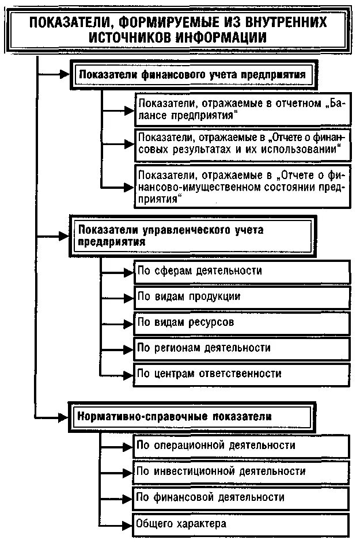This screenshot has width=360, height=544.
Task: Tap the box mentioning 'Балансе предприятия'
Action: (x=242, y=109)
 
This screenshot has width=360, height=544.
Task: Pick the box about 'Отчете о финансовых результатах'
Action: (x=242, y=143)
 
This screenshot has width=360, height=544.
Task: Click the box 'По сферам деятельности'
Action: (x=242, y=271)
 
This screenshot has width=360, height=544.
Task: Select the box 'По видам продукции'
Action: (x=242, y=297)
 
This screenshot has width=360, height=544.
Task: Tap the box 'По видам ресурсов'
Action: (x=242, y=323)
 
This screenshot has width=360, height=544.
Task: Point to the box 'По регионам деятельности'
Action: (x=242, y=348)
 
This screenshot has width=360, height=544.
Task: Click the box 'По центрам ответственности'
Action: (x=242, y=374)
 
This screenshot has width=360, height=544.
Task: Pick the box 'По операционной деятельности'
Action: (x=242, y=446)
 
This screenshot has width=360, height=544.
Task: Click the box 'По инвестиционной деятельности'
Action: (x=242, y=471)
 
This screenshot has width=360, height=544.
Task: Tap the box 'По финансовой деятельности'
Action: (x=242, y=497)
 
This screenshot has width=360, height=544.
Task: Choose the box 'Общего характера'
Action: (x=242, y=524)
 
